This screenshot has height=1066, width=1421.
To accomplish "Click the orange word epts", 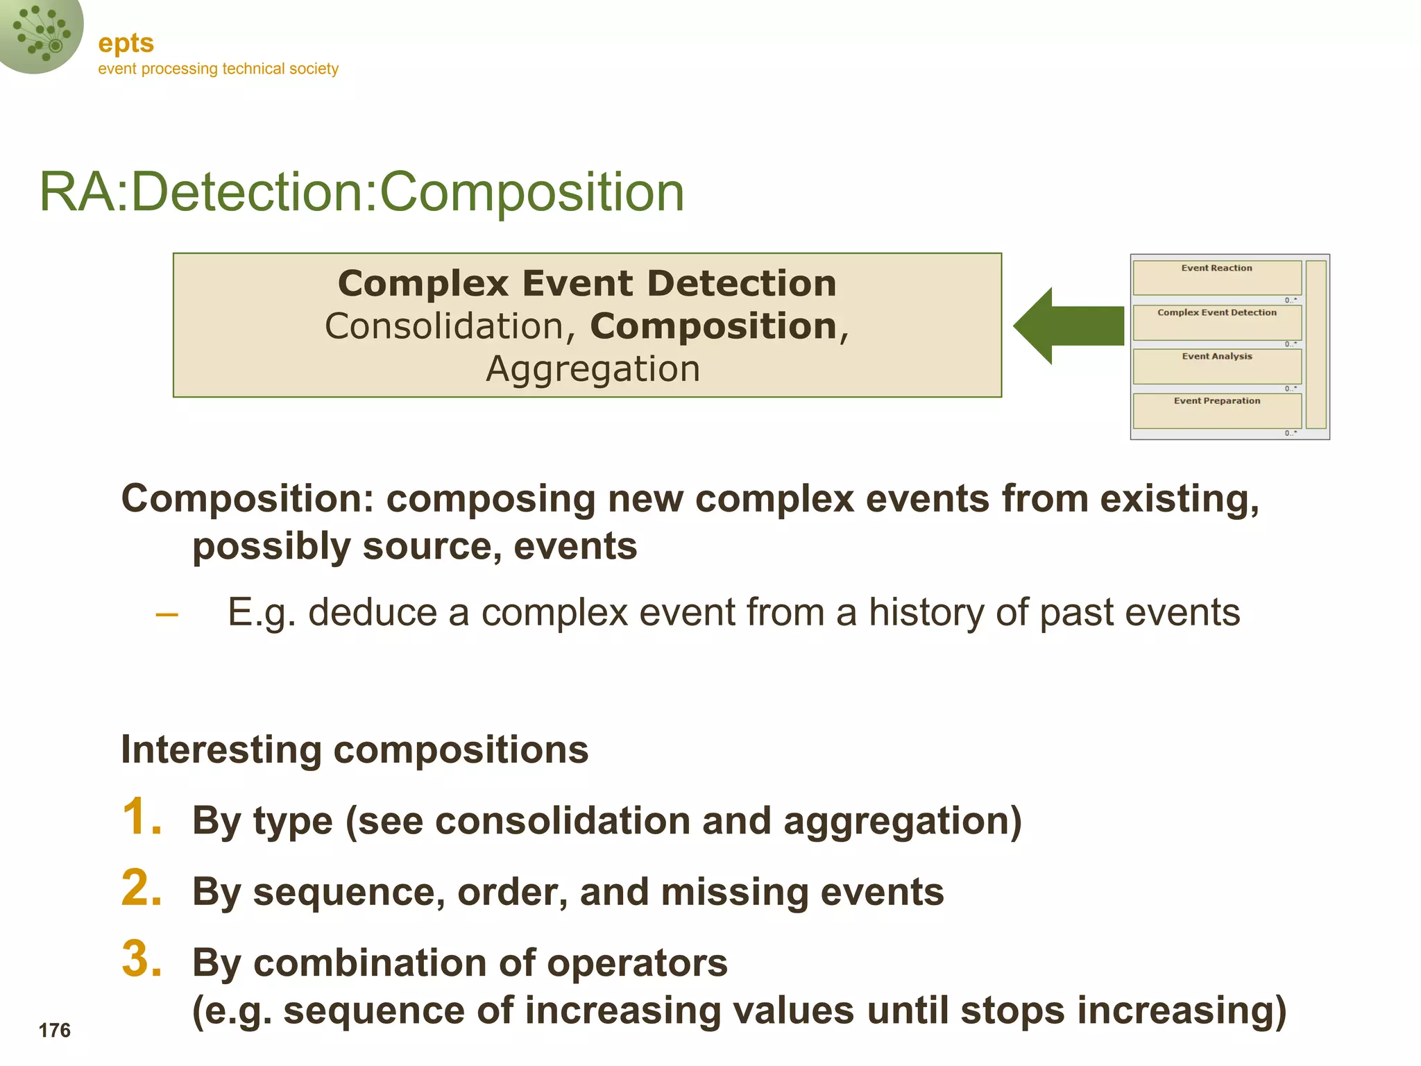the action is pos(126,44).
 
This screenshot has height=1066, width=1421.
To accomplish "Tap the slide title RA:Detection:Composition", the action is pos(361,192).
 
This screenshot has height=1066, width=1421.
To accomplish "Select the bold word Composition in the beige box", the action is pos(713,326).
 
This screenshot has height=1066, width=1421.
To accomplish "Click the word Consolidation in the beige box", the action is pos(444,326).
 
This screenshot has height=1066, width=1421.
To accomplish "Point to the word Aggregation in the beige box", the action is pos(593,369).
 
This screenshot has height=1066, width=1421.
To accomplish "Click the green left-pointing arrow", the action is pos(1068,325).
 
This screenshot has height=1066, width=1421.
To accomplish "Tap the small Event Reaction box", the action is pos(1216,277).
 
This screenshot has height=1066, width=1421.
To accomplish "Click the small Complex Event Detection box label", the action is pos(1216,313).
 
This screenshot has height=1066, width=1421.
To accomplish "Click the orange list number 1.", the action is pos(141,817).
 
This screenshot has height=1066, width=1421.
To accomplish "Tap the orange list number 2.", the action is pos(141,888).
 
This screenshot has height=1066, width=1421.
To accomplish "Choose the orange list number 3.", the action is pos(141,959).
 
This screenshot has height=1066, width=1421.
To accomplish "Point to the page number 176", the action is pos(55,1031).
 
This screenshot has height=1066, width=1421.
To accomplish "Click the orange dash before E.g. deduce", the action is pos(167,614).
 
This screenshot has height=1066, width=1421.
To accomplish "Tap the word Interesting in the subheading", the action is pos(221,750).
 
